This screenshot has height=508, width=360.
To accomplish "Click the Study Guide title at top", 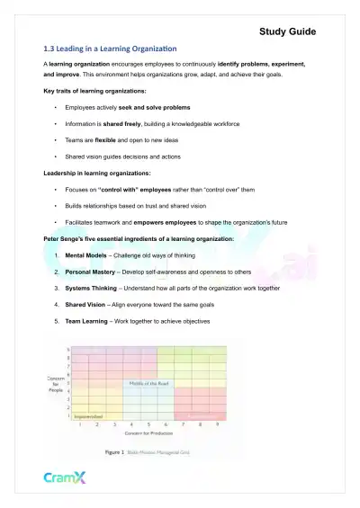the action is (x=287, y=31).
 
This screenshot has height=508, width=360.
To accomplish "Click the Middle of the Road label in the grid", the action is (x=148, y=383).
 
